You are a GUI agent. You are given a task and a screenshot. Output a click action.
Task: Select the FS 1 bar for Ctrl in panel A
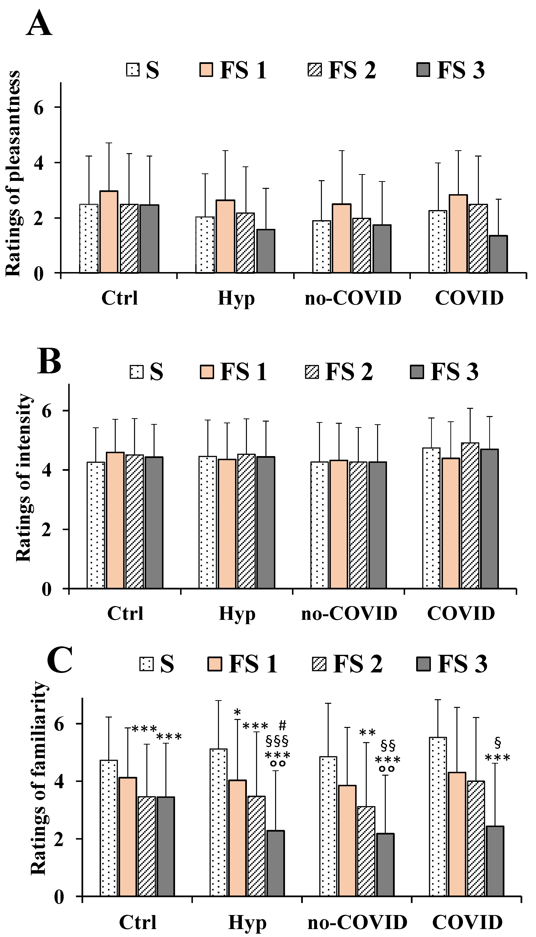tap(109, 232)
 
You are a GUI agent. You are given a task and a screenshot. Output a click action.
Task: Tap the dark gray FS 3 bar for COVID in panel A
tap(498, 254)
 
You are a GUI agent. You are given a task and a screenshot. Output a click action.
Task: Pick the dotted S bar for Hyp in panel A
tap(205, 245)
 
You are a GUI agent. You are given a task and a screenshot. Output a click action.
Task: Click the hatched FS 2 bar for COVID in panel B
tap(470, 515)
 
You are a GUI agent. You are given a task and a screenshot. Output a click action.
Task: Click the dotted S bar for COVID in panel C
tap(438, 799)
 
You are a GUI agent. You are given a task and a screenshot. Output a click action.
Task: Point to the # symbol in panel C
tap(282, 725)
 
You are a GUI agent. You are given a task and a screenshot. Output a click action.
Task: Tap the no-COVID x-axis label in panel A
tap(353, 298)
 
